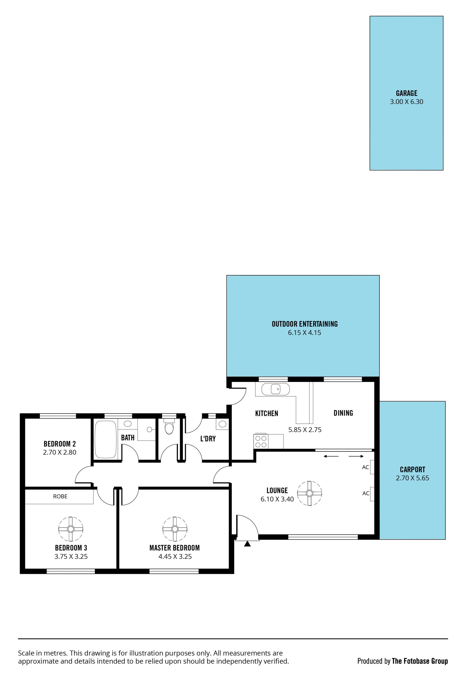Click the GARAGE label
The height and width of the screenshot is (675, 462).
[406, 93]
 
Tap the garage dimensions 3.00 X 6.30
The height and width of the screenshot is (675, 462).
[406, 102]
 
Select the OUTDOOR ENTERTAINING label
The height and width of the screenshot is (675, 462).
[304, 324]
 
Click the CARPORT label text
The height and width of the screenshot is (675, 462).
[412, 469]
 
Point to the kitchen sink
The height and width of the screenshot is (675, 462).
[275, 389]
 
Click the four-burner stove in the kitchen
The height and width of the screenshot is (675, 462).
[261, 441]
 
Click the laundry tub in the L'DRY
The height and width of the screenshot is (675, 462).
[222, 424]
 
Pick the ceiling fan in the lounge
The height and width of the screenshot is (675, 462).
[309, 493]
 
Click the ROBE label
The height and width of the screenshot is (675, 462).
[60, 496]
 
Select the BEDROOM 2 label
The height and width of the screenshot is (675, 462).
[59, 444]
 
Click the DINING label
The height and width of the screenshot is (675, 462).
[343, 413]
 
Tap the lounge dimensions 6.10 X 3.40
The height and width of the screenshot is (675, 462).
[277, 499]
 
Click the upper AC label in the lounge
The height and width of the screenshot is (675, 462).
[365, 467]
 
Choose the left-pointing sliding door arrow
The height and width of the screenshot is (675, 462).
[331, 456]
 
